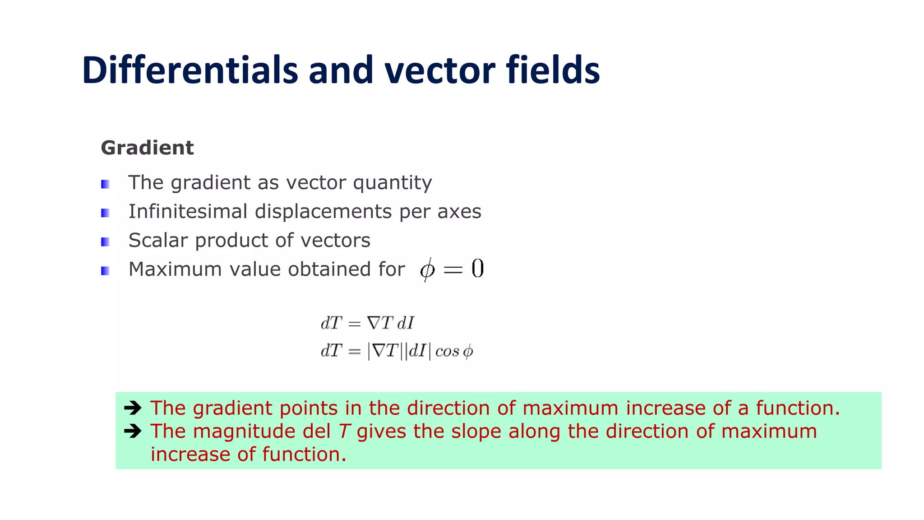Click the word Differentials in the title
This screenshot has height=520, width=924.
(x=190, y=70)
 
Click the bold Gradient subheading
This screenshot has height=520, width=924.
(x=147, y=148)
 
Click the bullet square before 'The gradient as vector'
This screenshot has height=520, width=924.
(x=105, y=184)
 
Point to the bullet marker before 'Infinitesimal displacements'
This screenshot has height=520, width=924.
(x=105, y=213)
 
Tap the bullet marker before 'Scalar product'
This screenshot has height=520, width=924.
(x=105, y=242)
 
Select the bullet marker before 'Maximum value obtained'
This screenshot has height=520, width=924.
(x=105, y=271)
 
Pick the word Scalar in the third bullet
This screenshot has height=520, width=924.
(x=158, y=240)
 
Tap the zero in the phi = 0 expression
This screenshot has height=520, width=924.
(x=477, y=269)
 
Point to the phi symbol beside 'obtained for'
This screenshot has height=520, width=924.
(x=427, y=270)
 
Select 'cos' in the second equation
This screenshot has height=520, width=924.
(x=447, y=351)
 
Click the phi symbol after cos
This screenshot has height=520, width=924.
(x=468, y=351)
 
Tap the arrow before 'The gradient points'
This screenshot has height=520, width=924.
(x=133, y=408)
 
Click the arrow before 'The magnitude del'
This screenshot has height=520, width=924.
(x=133, y=431)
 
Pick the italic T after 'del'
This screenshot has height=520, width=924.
(x=344, y=431)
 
